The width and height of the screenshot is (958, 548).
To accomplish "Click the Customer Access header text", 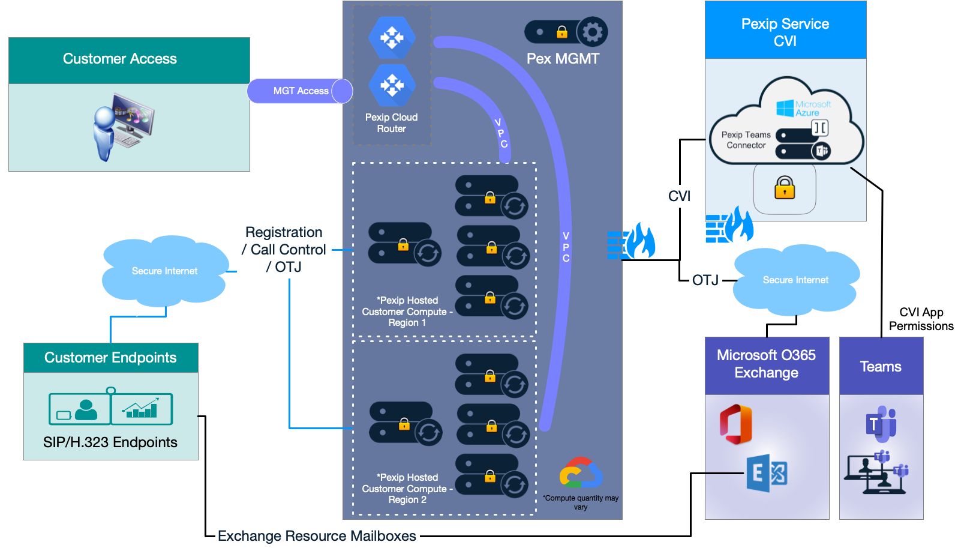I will [120, 59].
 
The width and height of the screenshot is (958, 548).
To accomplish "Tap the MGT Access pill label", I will [301, 91].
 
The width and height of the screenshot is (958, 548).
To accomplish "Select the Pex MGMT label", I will [563, 59].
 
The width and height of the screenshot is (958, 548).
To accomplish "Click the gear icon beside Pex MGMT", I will [592, 32].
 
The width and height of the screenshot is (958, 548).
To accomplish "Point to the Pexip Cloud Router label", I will [391, 123].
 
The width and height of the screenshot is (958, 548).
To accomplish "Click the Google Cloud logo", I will [580, 474].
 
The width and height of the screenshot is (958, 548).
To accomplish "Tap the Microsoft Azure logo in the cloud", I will [803, 109].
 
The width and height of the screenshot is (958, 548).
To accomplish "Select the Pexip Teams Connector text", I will [746, 140].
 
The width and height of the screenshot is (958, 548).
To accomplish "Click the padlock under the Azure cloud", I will [784, 188].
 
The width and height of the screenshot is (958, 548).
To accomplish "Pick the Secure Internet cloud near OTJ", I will [795, 280].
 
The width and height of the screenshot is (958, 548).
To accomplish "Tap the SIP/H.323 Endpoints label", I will [110, 442].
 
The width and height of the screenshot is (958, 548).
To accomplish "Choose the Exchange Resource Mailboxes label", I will [317, 536].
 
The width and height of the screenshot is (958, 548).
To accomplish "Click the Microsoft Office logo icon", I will [736, 424].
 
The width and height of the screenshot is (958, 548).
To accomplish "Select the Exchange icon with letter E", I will [766, 474].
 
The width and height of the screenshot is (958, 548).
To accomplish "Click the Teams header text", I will [881, 367].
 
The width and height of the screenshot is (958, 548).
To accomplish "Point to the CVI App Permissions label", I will [921, 319].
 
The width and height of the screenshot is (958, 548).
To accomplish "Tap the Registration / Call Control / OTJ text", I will [284, 250].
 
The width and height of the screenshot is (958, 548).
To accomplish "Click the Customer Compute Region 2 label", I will [407, 489].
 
